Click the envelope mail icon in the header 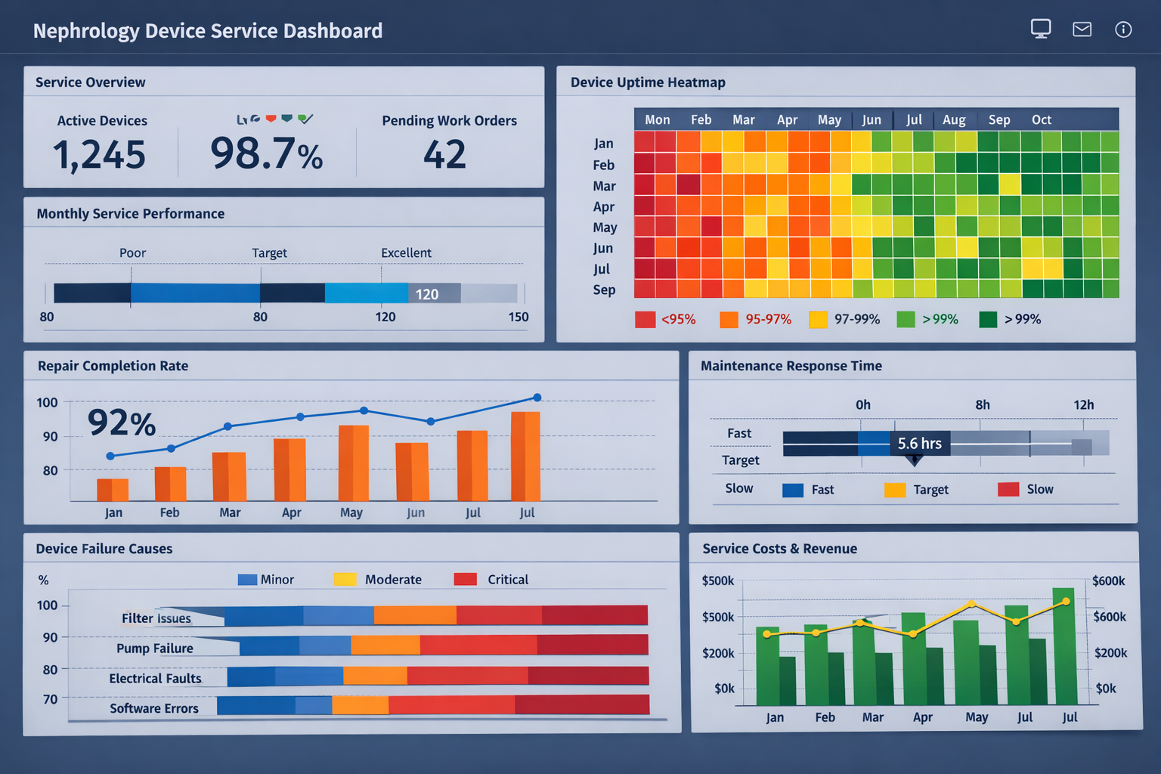click(1082, 29)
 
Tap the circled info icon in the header click(1123, 29)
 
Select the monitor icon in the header click(1041, 29)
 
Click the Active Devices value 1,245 click(99, 155)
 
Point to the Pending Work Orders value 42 click(444, 155)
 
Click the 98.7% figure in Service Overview click(266, 153)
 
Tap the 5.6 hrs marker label click(919, 444)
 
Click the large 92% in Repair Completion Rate click(122, 423)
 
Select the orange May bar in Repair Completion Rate click(353, 463)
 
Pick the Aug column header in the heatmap click(954, 120)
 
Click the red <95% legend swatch click(645, 320)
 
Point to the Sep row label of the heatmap click(604, 290)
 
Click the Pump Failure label click(155, 649)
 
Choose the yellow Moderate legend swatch click(345, 580)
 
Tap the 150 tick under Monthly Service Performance click(519, 317)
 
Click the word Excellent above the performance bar click(406, 253)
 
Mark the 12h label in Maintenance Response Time click(1083, 405)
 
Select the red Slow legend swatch click(1008, 490)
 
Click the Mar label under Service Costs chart click(872, 717)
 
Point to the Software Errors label click(154, 708)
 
